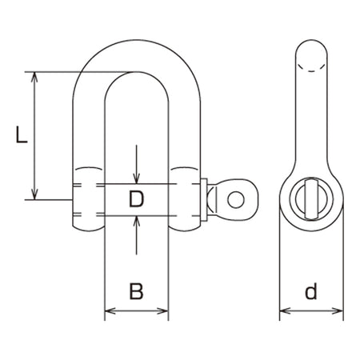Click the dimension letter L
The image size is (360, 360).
click(x=22, y=134)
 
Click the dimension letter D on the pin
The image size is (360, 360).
click(x=136, y=199)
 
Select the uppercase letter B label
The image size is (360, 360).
click(x=136, y=291)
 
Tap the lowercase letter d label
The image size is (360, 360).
click(x=311, y=291)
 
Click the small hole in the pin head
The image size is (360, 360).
click(x=236, y=200)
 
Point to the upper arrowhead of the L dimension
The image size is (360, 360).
click(x=34, y=77)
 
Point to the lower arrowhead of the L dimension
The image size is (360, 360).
click(x=34, y=194)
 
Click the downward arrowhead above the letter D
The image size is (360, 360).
click(x=137, y=178)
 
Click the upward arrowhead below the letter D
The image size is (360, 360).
click(x=137, y=221)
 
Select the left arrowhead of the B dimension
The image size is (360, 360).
click(x=110, y=311)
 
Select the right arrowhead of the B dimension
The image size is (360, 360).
click(x=162, y=311)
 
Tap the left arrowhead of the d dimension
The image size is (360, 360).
click(x=285, y=311)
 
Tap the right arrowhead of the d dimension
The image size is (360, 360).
click(x=338, y=311)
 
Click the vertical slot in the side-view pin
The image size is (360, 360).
click(x=311, y=199)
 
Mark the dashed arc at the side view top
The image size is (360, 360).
click(x=311, y=69)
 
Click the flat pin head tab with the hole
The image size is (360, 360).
click(x=234, y=200)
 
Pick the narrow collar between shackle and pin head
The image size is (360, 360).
click(x=204, y=200)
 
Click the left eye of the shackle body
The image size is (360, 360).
click(x=88, y=199)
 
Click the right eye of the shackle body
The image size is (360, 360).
click(x=185, y=199)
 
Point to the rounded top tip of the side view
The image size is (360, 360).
click(x=311, y=40)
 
